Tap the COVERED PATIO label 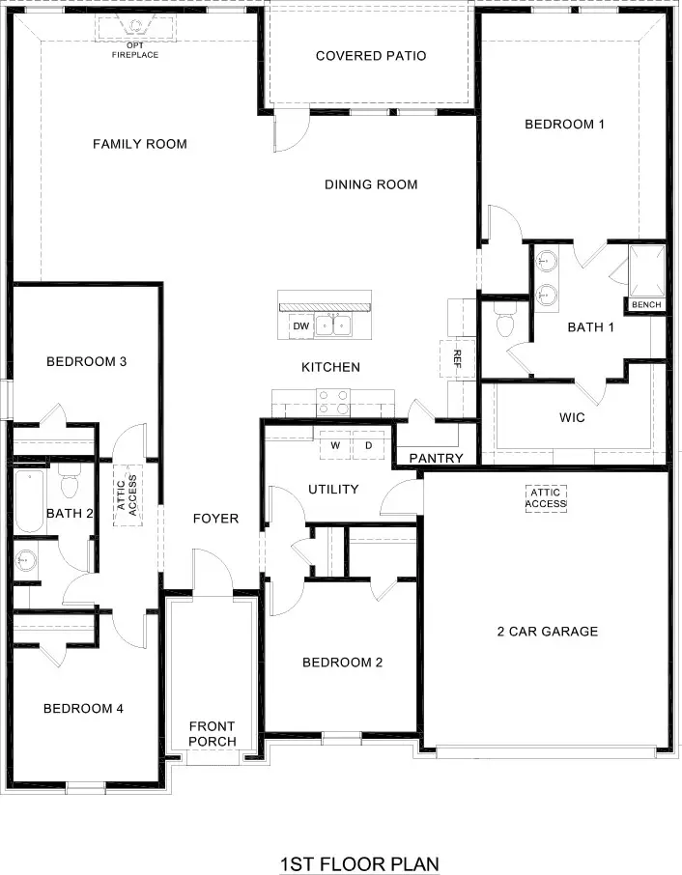(x=371, y=56)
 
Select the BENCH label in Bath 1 (x=646, y=305)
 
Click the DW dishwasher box (x=301, y=326)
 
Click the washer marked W (x=335, y=445)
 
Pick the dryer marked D (x=368, y=445)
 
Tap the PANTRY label (x=436, y=458)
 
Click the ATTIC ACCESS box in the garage (x=547, y=497)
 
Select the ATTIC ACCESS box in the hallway (x=128, y=494)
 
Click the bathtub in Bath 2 (x=28, y=502)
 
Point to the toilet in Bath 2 (x=69, y=480)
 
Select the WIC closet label (x=572, y=418)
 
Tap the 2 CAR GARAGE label (x=548, y=632)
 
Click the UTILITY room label (x=333, y=489)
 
